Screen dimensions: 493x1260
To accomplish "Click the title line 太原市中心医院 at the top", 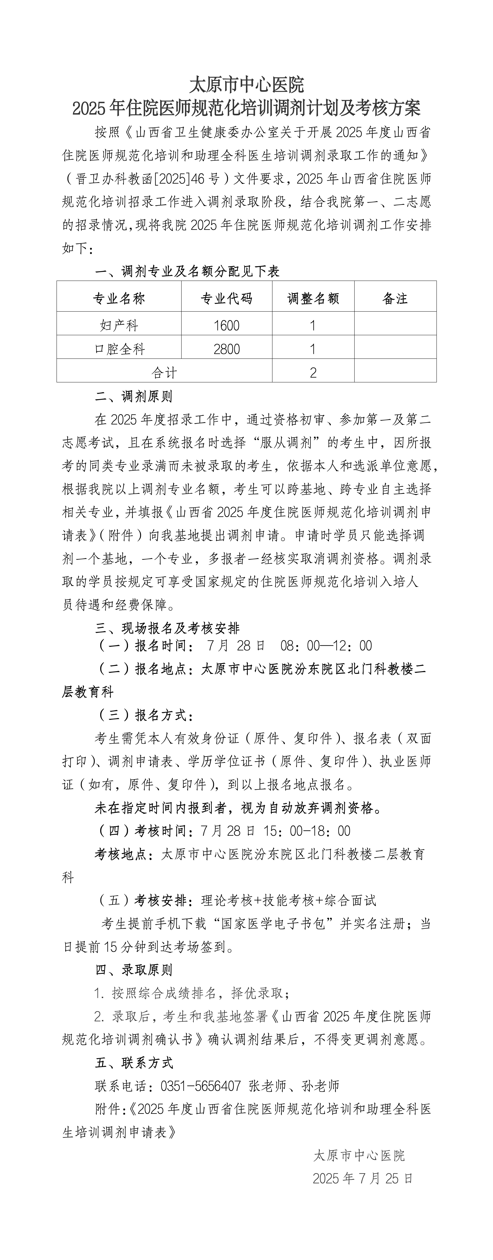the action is pyautogui.click(x=246, y=85).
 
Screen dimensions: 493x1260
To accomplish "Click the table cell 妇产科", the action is pyautogui.click(x=119, y=325).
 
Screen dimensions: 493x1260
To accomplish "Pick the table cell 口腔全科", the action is pyautogui.click(x=119, y=349).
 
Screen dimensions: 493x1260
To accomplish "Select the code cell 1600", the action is pyautogui.click(x=227, y=325).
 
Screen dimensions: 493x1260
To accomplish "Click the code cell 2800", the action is pyautogui.click(x=227, y=349).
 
